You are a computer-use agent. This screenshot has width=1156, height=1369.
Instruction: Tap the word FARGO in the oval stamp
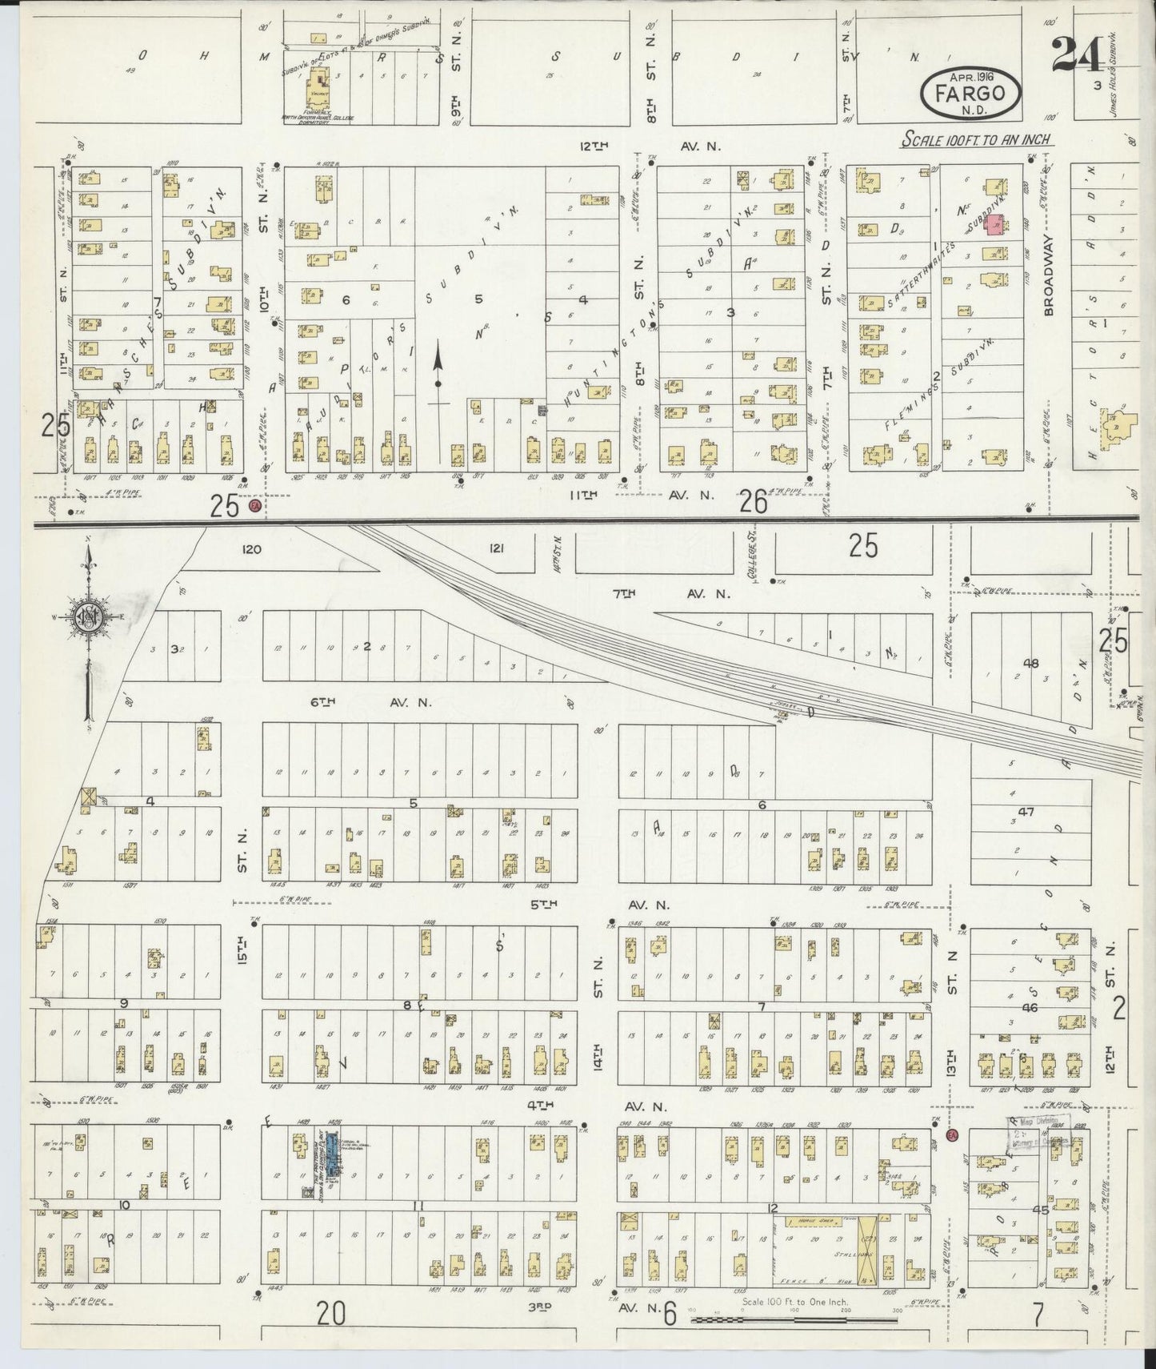tap(972, 93)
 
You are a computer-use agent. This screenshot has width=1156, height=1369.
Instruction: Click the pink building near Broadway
tap(994, 225)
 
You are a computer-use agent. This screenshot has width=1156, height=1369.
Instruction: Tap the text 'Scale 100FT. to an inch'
tap(977, 139)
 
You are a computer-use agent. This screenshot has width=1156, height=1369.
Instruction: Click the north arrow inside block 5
tap(438, 365)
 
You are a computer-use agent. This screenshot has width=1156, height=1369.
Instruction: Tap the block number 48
tap(1030, 663)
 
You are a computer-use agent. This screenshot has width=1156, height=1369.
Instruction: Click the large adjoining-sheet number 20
tap(330, 1313)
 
